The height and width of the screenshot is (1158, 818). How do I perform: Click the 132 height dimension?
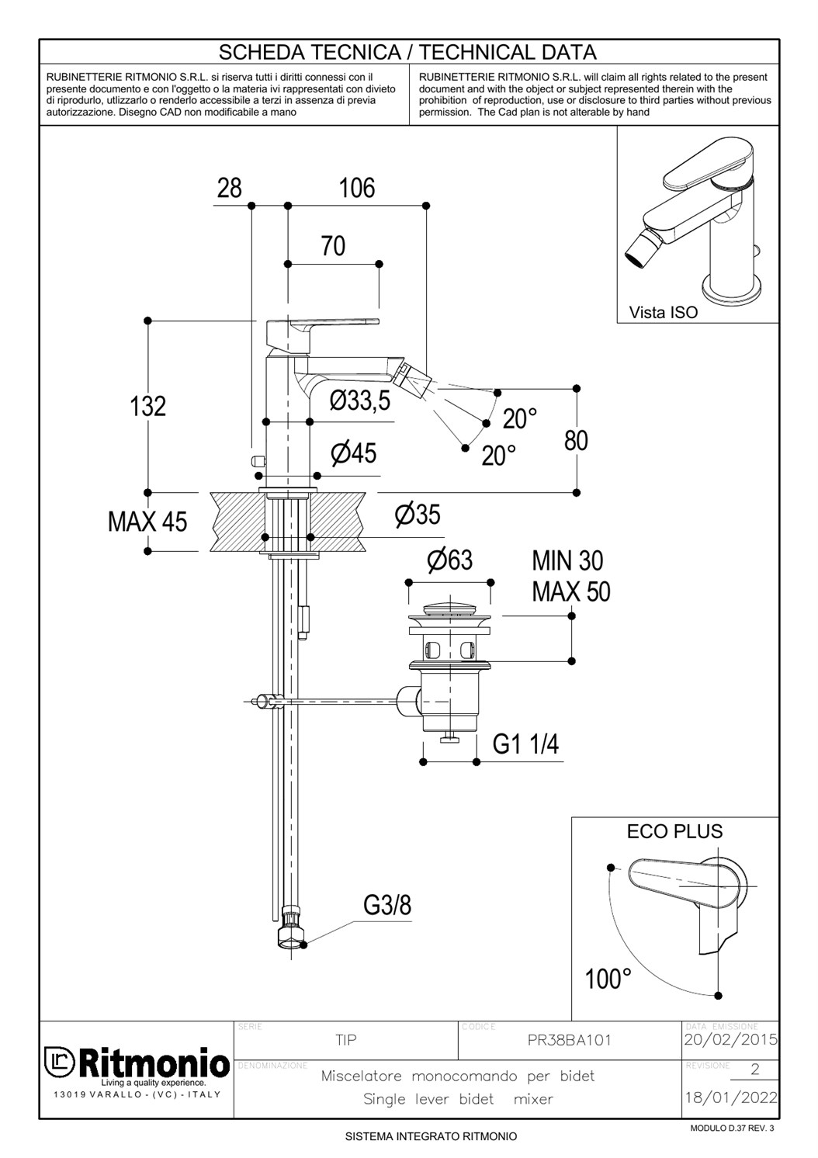pos(148,406)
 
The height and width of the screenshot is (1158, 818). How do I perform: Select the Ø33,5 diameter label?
pos(360,401)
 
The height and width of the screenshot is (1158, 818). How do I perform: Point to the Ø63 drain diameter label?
pos(449,560)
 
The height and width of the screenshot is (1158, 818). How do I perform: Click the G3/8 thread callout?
pos(387,905)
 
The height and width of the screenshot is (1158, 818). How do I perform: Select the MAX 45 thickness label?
pos(147,522)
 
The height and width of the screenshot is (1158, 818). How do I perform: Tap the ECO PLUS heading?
pos(674,831)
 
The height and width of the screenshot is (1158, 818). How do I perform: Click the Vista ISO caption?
pos(664,313)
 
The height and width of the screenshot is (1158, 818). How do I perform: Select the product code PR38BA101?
pos(570,1041)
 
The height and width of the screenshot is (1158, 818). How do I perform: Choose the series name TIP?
pos(346,1040)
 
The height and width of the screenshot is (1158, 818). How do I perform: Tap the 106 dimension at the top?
pos(357,188)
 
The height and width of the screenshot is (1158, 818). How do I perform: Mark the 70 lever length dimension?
pos(333,246)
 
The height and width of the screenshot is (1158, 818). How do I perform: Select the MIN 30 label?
pos(567,560)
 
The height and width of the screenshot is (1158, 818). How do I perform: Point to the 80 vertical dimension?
pos(576,440)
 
